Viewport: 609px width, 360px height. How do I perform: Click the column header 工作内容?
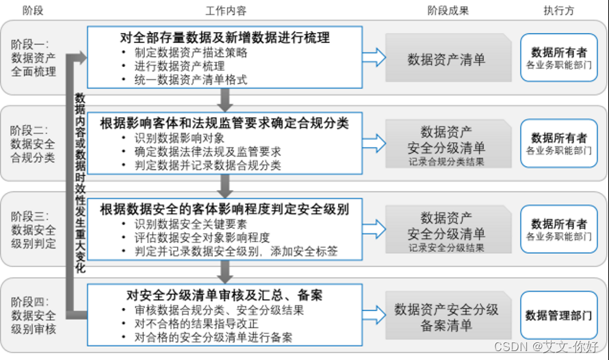[x=226, y=10]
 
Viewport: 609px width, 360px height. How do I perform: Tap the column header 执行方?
[x=559, y=10]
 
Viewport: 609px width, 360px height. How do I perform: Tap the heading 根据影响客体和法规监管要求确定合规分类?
[x=224, y=123]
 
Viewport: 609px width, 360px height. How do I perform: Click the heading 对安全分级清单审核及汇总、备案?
[x=224, y=296]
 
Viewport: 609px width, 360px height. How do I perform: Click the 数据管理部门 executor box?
[x=558, y=316]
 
